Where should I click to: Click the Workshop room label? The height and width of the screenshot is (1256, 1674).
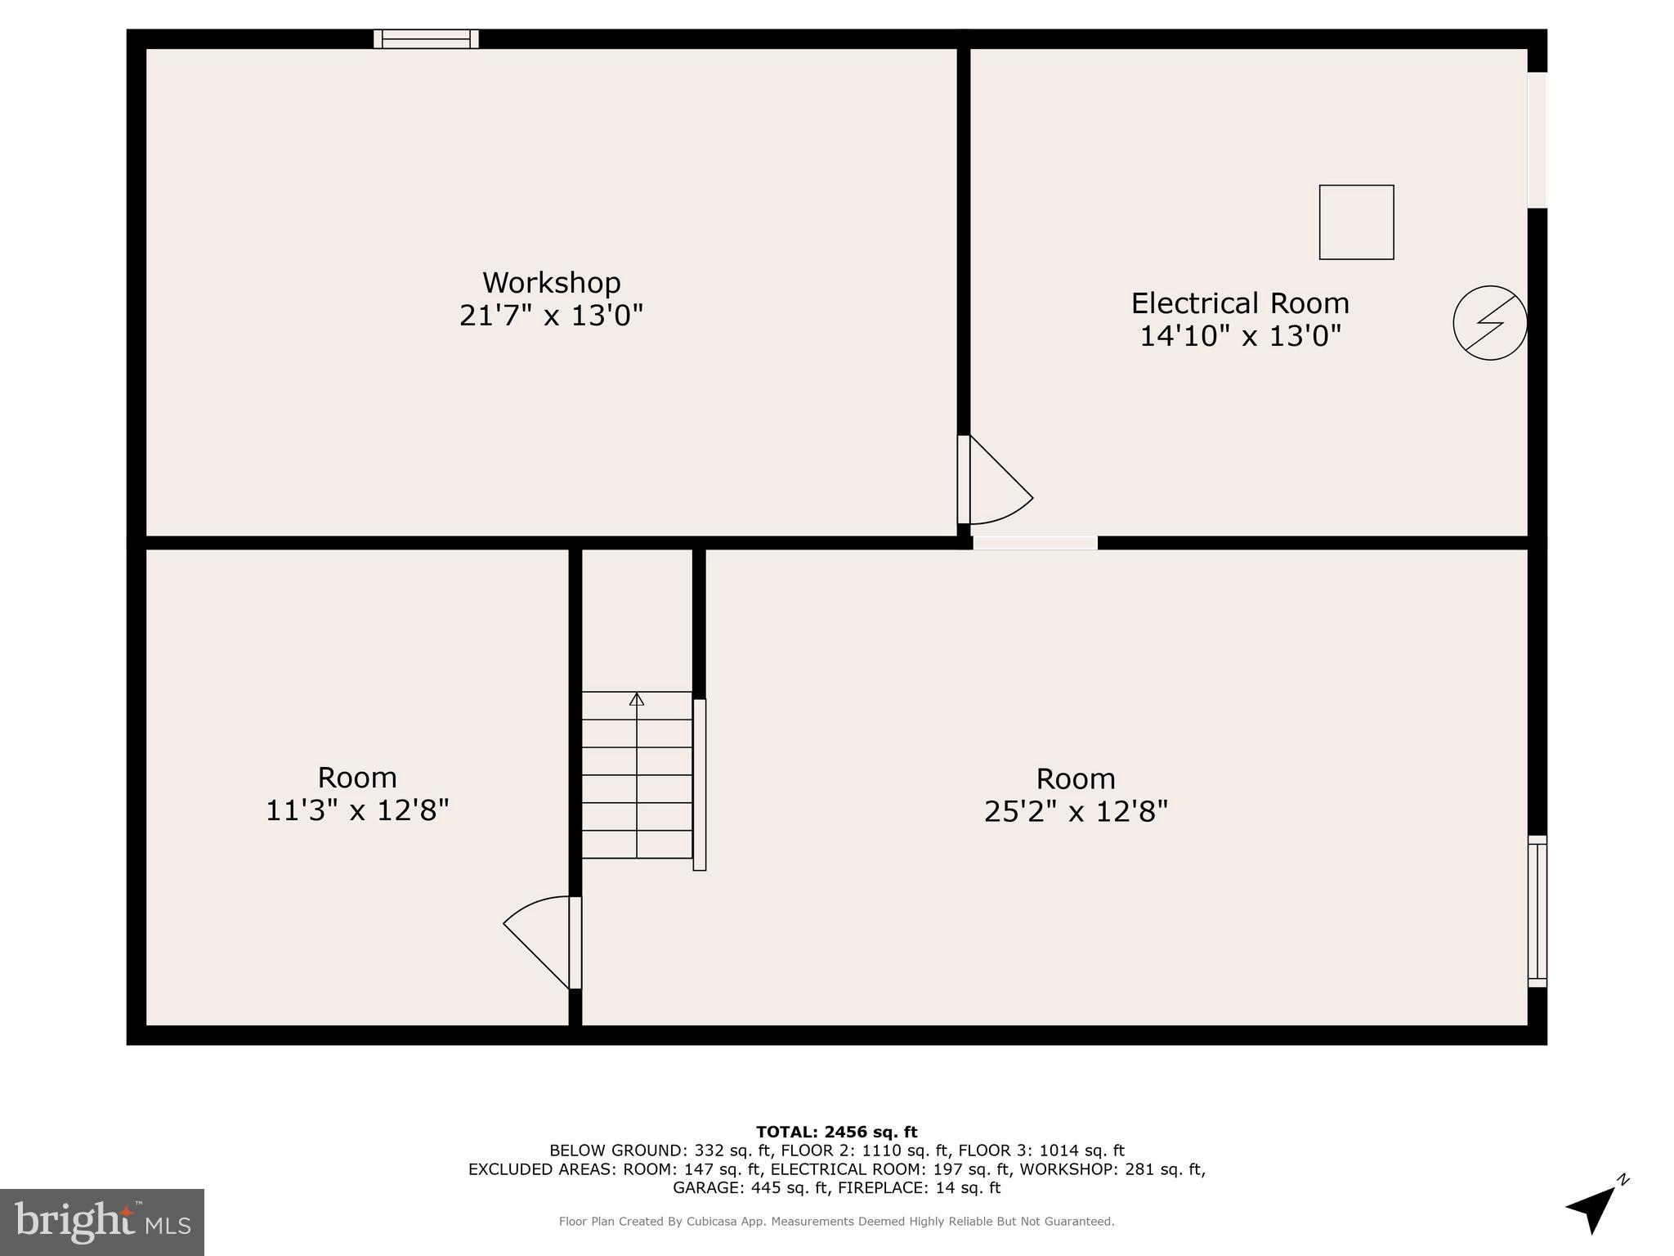pos(551,283)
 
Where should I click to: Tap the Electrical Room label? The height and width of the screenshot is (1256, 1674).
pos(1239,303)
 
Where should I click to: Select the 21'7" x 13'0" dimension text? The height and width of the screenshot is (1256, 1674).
pos(551,315)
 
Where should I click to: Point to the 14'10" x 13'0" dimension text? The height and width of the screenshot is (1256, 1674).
pos(1240,335)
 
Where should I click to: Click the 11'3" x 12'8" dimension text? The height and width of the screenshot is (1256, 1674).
pos(357,810)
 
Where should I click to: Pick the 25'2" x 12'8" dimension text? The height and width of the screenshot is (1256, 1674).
pos(1076,812)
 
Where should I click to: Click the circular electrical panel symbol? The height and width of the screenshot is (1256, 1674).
pos(1489,322)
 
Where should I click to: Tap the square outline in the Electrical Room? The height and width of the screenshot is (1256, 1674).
pos(1356,222)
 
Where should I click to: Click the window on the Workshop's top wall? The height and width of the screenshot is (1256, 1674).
pos(426,38)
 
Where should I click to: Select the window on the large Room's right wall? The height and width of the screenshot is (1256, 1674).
pos(1537,911)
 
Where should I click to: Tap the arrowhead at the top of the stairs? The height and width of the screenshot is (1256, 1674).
pos(637,699)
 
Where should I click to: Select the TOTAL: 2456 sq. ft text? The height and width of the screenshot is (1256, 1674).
pos(836,1132)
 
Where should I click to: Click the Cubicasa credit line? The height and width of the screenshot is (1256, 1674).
pos(836,1221)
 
